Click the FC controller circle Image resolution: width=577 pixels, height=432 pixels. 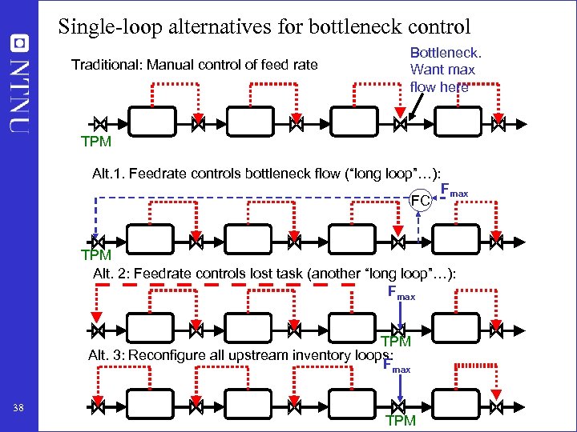coord(421,199)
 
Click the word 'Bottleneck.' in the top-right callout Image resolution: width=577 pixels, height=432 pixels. coord(446,53)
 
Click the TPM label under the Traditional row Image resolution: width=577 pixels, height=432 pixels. coord(96,142)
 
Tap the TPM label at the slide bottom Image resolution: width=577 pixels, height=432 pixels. coord(401,421)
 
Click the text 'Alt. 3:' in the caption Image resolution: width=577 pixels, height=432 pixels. coord(106,354)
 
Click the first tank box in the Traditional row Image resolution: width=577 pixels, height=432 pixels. coord(152,123)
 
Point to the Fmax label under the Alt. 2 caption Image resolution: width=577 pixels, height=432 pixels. coord(401,293)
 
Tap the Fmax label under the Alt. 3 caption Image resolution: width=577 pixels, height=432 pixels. coord(397,366)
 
